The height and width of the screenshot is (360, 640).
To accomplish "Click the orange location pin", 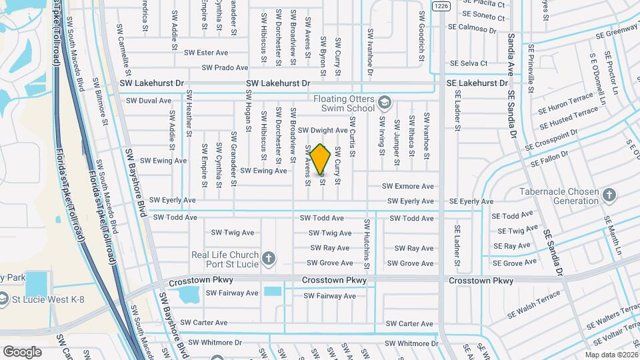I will point(320,160).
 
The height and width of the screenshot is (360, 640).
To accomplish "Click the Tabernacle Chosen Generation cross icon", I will point(608,195).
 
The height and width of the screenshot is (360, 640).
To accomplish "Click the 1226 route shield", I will point(440,6).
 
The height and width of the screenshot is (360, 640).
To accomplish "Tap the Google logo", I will point(23,351).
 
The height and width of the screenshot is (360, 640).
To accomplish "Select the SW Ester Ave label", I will point(206,53).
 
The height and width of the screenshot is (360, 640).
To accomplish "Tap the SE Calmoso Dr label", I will point(473,29).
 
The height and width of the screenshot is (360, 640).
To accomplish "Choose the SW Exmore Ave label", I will point(408,187).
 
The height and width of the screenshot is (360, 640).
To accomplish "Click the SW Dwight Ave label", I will point(323,131).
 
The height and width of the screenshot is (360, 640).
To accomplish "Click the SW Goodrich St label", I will point(421,35).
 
